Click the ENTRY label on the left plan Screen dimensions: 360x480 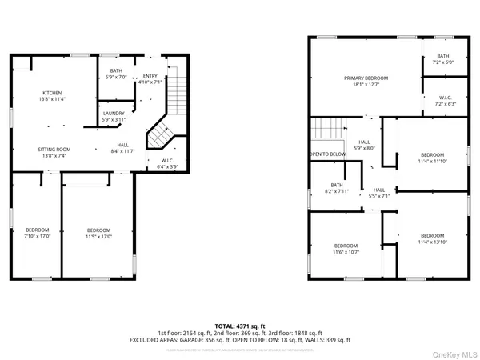[150, 78]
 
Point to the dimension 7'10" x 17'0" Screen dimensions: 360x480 [37, 236]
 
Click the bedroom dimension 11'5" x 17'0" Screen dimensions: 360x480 [99, 236]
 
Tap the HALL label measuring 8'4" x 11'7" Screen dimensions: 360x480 [122, 147]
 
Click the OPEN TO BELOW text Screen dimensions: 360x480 [328, 154]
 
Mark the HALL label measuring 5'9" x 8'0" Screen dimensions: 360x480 [366, 145]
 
